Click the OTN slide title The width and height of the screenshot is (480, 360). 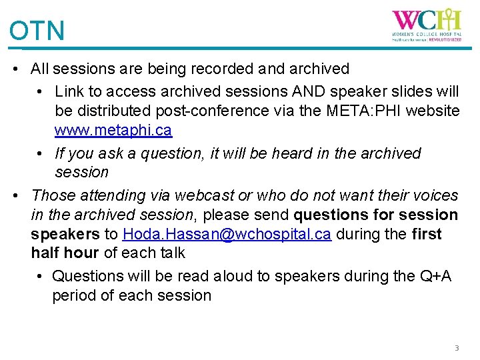point(37,31)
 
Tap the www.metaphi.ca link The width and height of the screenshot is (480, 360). point(113,130)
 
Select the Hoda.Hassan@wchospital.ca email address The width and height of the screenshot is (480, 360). point(227,235)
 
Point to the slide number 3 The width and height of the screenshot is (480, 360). point(457,348)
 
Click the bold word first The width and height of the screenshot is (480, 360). point(426,235)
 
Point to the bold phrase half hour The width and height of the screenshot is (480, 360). point(64,253)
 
